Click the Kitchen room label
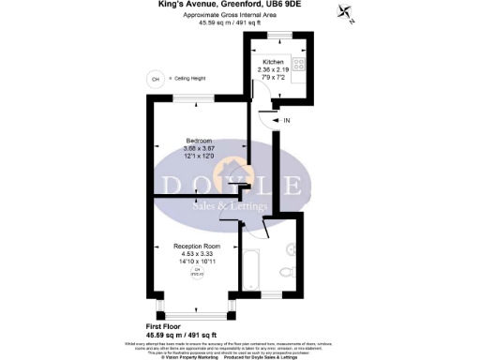(x=273, y=61)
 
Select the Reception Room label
(x=198, y=246)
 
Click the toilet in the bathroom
(x=286, y=273)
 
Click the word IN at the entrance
(x=287, y=120)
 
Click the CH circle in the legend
(x=155, y=80)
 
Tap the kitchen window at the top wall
(x=277, y=35)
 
